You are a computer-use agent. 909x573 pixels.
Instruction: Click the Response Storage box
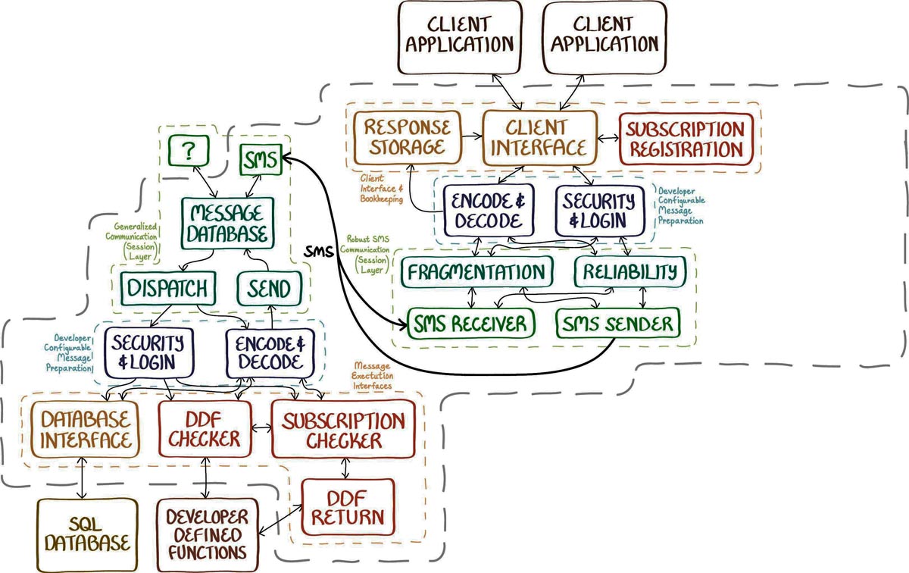point(403,137)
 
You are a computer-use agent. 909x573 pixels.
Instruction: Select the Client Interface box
point(539,137)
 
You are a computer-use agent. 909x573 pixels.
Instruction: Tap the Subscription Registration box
point(686,139)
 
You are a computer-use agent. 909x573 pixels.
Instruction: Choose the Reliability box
point(629,271)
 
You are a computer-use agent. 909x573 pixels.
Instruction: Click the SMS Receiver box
point(470,325)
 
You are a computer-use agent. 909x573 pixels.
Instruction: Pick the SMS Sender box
point(617,324)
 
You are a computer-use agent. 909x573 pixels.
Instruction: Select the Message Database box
point(226,223)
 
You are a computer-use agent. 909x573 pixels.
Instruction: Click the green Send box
point(269,289)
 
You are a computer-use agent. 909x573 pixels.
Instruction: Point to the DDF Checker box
point(205,428)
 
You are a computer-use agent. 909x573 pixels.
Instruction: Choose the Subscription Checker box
point(342,430)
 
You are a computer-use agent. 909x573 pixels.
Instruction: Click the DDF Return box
point(348,508)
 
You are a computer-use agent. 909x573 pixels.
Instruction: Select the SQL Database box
point(85,534)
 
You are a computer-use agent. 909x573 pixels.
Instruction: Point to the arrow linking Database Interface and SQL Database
point(82,479)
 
